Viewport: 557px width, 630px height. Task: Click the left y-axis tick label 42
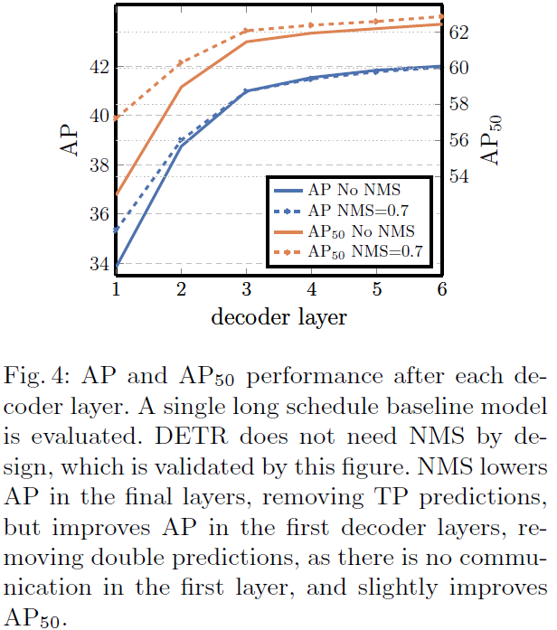coord(97,67)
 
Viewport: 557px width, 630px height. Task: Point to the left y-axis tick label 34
coord(97,264)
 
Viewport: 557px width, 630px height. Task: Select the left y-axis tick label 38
coord(97,165)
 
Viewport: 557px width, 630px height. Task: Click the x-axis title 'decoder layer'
coord(278,317)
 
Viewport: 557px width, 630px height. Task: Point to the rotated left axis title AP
coord(71,144)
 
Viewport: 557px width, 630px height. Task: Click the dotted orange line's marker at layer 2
coord(181,62)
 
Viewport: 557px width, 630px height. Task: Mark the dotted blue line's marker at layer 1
coord(116,230)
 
